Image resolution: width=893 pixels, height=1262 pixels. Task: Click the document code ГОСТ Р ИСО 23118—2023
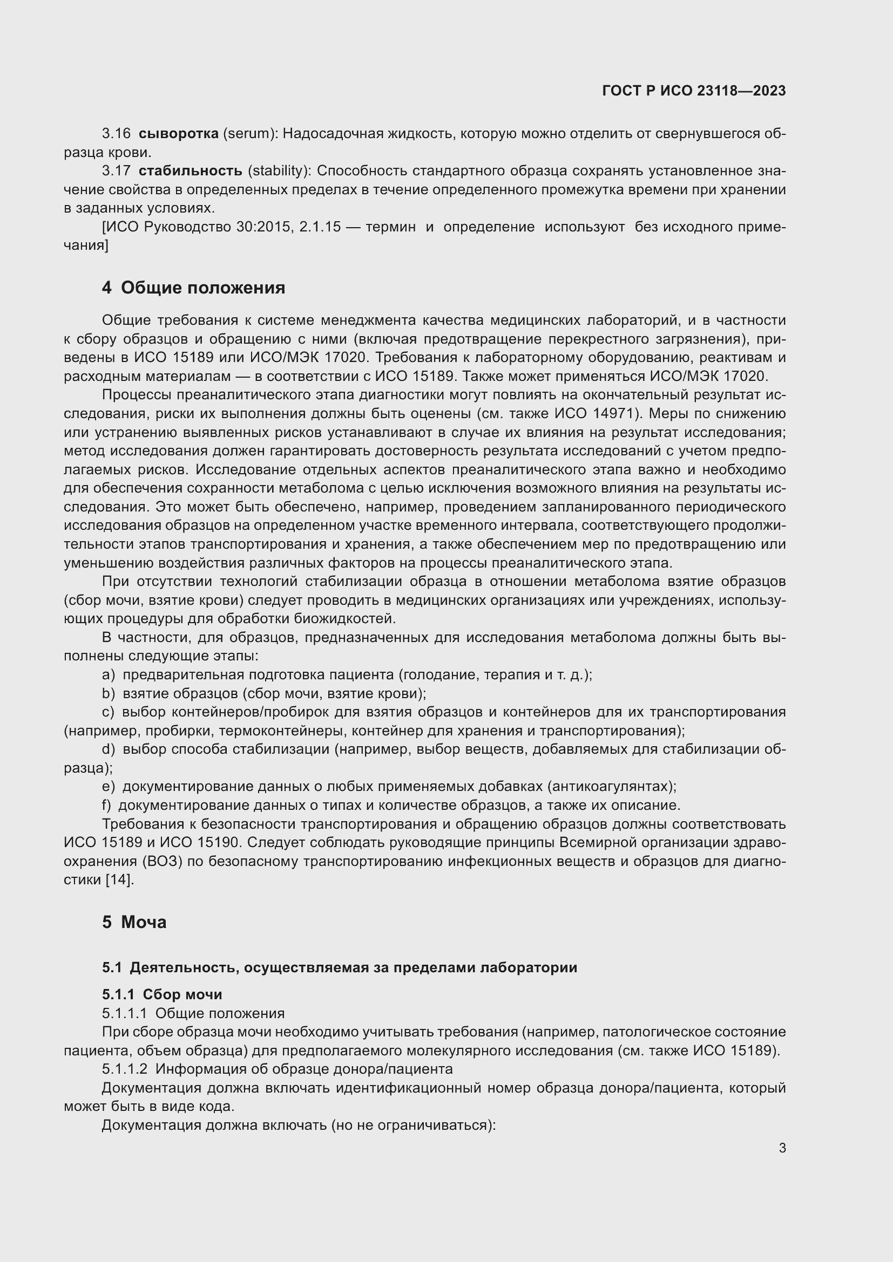(x=693, y=91)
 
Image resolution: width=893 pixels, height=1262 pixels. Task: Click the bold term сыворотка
(x=178, y=134)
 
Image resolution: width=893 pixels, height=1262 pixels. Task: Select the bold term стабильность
(x=190, y=171)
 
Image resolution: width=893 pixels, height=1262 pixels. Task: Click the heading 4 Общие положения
(x=194, y=288)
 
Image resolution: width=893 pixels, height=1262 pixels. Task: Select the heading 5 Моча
(x=134, y=922)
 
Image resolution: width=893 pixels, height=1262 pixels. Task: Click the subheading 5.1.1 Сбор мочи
(x=162, y=994)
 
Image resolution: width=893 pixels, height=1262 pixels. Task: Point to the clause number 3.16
(x=116, y=134)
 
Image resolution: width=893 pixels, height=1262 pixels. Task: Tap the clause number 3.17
(x=116, y=171)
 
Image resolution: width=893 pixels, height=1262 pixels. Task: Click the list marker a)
(x=109, y=675)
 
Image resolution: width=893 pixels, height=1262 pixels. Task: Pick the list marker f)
(x=107, y=805)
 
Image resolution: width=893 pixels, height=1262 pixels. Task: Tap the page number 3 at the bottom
(x=782, y=1148)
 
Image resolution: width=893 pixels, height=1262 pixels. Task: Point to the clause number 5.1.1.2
(x=124, y=1069)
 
